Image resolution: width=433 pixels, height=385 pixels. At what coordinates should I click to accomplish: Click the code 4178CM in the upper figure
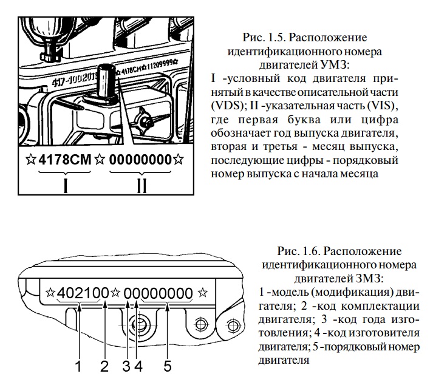click(64, 162)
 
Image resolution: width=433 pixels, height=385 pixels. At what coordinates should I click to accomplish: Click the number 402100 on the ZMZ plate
click(83, 294)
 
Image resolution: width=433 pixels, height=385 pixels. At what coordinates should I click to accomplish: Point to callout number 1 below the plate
click(78, 366)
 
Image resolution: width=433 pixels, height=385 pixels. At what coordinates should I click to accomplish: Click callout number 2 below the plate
click(104, 366)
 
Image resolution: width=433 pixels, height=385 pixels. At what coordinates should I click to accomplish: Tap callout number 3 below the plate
click(126, 366)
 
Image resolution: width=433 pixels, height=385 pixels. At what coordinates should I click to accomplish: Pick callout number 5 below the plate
click(168, 366)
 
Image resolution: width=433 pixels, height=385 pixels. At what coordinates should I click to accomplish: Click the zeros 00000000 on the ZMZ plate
click(159, 294)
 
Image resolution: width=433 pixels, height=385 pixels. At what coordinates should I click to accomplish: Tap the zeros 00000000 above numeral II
click(141, 162)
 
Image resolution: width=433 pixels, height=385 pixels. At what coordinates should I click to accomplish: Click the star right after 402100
click(117, 294)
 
